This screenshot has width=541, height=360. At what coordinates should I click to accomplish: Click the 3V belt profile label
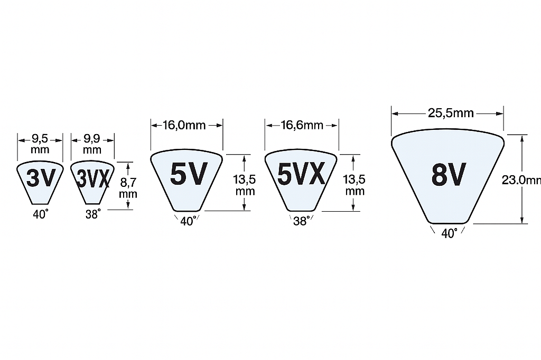[x=41, y=178]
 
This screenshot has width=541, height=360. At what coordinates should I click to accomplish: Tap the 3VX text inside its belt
[x=93, y=178]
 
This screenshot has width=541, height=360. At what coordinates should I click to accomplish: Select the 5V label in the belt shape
[x=189, y=174]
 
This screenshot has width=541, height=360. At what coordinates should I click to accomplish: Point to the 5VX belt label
[x=301, y=174]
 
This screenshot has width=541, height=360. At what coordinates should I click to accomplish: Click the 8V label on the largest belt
[x=449, y=174]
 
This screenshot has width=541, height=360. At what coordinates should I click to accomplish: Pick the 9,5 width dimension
[x=40, y=139]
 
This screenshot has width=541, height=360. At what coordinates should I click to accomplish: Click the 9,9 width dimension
[x=92, y=139]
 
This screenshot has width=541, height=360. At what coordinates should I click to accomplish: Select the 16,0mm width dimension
[x=184, y=125]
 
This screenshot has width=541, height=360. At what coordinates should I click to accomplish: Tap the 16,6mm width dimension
[x=302, y=125]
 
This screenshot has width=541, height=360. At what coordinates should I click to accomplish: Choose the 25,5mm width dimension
[x=451, y=113]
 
